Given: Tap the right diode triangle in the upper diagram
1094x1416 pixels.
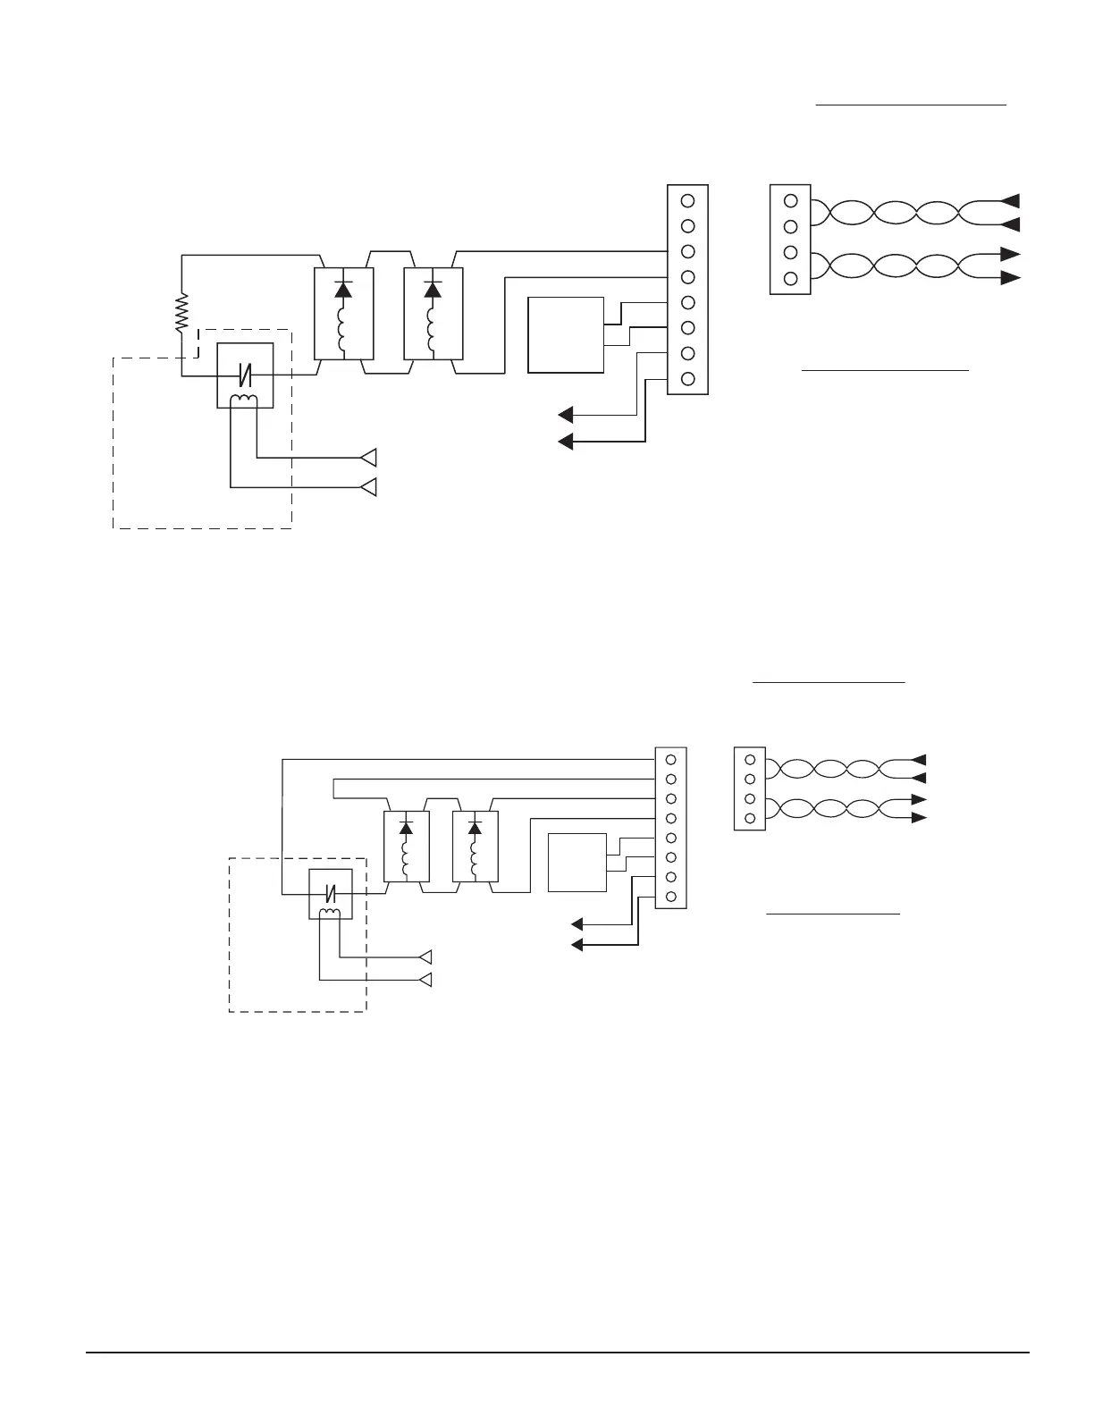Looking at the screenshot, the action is click(433, 290).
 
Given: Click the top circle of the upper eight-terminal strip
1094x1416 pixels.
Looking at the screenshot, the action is click(687, 201).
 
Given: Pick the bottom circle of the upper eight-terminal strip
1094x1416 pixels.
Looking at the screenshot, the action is click(687, 378).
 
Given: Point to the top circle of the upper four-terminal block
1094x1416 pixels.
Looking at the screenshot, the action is click(790, 200).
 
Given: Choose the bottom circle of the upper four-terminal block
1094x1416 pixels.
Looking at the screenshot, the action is click(790, 278).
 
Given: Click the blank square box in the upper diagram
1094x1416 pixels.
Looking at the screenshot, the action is click(566, 334).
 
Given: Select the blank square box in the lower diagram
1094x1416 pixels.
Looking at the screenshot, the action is click(576, 862).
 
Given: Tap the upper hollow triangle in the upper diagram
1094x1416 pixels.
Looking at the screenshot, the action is click(368, 458).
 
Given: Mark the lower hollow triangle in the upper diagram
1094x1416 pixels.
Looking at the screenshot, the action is click(368, 487).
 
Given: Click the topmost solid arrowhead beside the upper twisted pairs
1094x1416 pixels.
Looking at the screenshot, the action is click(1010, 200).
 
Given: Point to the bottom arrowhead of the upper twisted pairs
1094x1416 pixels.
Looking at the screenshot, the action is click(1010, 278).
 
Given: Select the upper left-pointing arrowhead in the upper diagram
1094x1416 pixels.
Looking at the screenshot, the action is click(566, 414).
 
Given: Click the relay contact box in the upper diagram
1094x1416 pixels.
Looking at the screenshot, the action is click(245, 375).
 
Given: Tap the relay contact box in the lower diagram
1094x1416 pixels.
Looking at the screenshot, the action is click(331, 893).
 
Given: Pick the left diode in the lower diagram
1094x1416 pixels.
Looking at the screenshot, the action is click(406, 829).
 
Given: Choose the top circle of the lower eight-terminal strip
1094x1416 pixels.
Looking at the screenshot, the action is click(670, 759).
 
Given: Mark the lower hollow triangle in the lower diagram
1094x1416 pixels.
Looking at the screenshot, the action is click(426, 981).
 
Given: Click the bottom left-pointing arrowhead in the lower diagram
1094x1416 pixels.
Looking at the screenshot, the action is click(577, 944).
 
